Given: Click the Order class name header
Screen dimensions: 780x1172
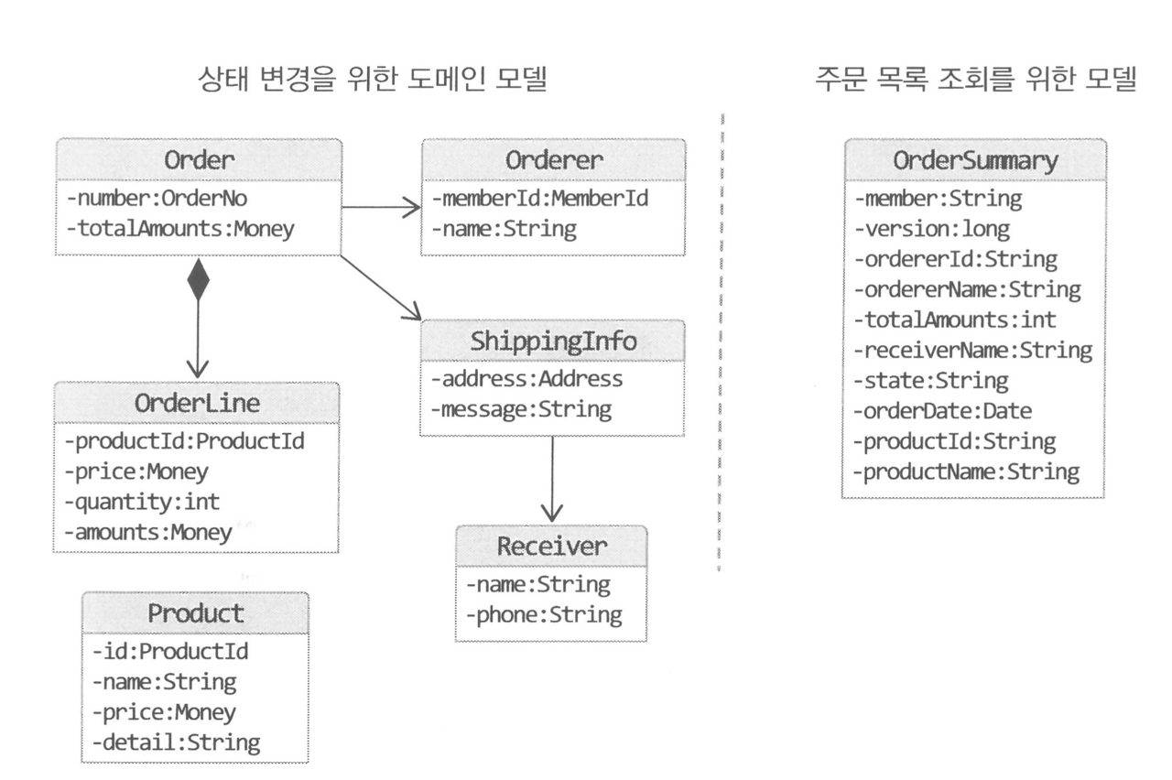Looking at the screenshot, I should pyautogui.click(x=199, y=160).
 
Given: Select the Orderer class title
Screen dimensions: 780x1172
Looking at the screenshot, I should pyautogui.click(x=554, y=160).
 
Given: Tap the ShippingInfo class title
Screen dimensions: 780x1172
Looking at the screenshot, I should pyautogui.click(x=554, y=342).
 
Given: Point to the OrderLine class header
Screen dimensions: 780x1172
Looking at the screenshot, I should pyautogui.click(x=198, y=405).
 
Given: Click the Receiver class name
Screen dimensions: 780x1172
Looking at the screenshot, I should pyautogui.click(x=551, y=547).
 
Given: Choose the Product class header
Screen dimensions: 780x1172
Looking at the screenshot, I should pyautogui.click(x=197, y=612).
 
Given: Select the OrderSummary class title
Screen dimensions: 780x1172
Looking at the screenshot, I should pyautogui.click(x=971, y=160).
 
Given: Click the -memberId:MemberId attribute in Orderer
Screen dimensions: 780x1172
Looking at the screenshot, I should pyautogui.click(x=539, y=198).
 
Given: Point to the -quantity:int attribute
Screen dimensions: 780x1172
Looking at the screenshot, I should pyautogui.click(x=142, y=502).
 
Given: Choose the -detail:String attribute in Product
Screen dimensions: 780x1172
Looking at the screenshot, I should pyautogui.click(x=177, y=741).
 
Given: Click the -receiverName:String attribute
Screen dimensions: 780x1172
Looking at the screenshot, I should pyautogui.click(x=972, y=350).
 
